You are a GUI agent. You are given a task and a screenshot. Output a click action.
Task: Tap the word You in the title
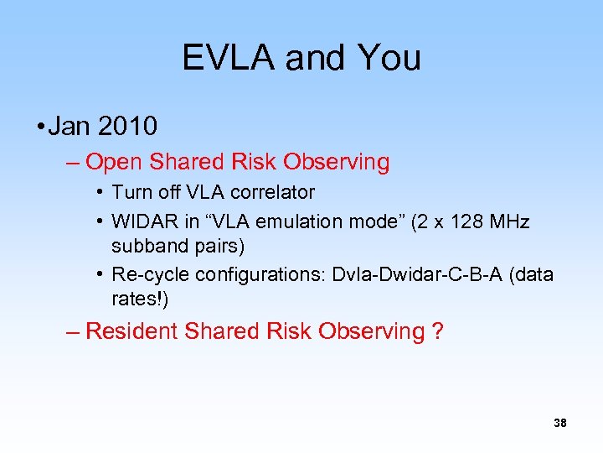pyautogui.click(x=389, y=58)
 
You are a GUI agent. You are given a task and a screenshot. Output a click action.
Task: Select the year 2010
pyautogui.click(x=127, y=127)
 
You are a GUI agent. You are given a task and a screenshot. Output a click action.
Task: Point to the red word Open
pyautogui.click(x=112, y=162)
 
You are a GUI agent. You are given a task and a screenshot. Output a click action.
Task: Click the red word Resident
pyautogui.click(x=131, y=331)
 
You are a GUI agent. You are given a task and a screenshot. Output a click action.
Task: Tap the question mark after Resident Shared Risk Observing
pyautogui.click(x=437, y=331)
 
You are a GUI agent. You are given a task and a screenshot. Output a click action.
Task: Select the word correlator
pyautogui.click(x=273, y=192)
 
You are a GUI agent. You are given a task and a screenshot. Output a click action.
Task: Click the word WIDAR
pyautogui.click(x=141, y=221)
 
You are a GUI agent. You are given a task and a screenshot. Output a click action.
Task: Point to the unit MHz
pyautogui.click(x=509, y=221)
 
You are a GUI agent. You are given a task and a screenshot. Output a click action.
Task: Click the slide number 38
pyautogui.click(x=560, y=424)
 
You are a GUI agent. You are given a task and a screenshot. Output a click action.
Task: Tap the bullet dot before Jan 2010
pyautogui.click(x=39, y=128)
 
